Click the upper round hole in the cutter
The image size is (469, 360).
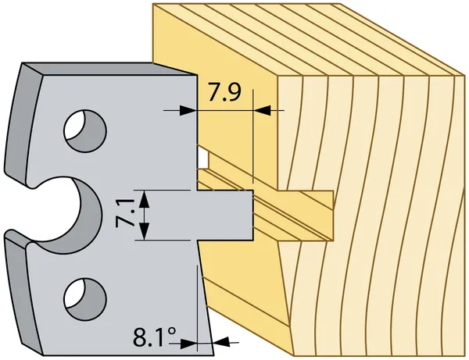point(85,130)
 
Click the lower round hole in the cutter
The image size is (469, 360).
point(85,299)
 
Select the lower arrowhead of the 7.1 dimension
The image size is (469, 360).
point(144,231)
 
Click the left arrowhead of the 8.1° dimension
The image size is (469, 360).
point(188,344)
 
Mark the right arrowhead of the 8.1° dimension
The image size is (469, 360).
point(220,341)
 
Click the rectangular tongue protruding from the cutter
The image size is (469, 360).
point(225,215)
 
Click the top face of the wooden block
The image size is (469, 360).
point(308,39)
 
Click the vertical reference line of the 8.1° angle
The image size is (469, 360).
point(198,308)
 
